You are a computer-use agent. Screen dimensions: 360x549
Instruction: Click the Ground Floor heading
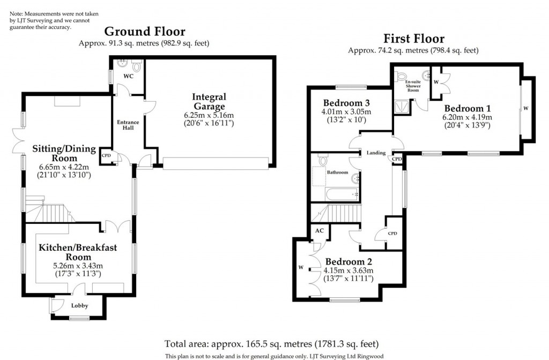[144, 32]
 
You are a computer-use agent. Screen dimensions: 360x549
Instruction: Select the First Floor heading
[413, 39]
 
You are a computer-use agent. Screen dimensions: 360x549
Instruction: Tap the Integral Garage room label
[209, 102]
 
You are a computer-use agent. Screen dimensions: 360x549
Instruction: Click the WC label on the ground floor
[128, 77]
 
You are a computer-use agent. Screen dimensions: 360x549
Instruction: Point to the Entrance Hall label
[128, 125]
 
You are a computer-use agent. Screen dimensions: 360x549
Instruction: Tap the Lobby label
[79, 306]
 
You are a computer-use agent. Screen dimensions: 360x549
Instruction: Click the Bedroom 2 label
[348, 261]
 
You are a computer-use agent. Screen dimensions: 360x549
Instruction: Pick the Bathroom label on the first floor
[338, 172]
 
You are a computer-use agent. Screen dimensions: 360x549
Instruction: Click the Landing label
[376, 153]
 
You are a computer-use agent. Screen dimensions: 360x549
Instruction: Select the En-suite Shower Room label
[413, 86]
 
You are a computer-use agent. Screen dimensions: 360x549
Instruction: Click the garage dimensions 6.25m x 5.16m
[209, 115]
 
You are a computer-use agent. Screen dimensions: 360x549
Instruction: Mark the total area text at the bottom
[274, 343]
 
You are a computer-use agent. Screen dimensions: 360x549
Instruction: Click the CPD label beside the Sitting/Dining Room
[106, 156]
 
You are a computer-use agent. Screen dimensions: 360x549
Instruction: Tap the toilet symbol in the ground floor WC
[136, 67]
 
